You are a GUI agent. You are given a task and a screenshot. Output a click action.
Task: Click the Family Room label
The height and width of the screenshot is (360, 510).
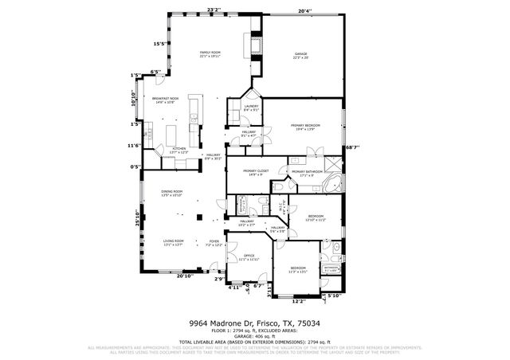tap(210, 54)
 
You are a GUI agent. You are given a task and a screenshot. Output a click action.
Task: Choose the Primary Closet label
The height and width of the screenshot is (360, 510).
tap(255, 172)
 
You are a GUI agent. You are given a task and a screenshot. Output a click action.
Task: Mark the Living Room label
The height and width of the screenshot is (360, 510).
tap(174, 243)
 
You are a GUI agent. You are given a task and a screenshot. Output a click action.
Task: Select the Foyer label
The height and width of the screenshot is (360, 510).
tap(214, 243)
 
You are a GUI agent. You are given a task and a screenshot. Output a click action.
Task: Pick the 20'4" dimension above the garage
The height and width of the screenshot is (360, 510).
tap(304, 11)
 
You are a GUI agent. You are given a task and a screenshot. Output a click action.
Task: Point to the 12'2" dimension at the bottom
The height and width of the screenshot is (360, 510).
tap(298, 301)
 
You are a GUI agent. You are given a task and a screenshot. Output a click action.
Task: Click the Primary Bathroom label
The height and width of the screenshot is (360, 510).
tap(307, 172)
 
